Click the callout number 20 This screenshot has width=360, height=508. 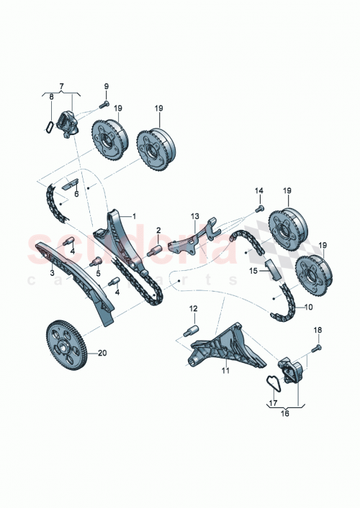[102, 353]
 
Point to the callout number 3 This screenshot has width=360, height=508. [53, 273]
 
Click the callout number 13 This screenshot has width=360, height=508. [194, 215]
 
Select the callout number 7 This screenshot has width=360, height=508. [61, 86]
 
